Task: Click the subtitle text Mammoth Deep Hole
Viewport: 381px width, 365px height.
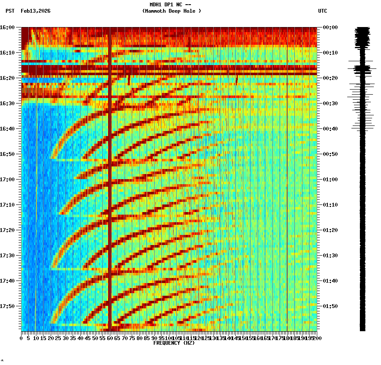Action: pyautogui.click(x=171, y=11)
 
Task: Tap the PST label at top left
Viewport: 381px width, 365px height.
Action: pyautogui.click(x=10, y=11)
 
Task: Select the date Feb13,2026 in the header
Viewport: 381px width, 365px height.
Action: pyautogui.click(x=35, y=11)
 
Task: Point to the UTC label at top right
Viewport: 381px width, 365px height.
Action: pyautogui.click(x=322, y=11)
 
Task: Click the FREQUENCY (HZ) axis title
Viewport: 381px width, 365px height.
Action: pyautogui.click(x=174, y=343)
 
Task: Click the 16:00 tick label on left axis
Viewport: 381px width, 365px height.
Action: pyautogui.click(x=7, y=27)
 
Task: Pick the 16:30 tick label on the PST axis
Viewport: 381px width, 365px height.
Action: pyautogui.click(x=7, y=104)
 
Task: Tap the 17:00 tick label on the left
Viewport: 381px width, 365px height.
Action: pyautogui.click(x=7, y=180)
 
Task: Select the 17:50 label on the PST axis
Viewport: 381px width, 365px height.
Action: pyautogui.click(x=7, y=306)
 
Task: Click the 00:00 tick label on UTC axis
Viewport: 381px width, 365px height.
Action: pyautogui.click(x=330, y=27)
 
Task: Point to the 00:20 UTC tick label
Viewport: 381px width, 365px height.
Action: pyautogui.click(x=330, y=78)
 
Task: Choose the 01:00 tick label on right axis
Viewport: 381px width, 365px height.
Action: pyautogui.click(x=330, y=180)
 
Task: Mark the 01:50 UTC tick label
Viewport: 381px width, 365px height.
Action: pyautogui.click(x=330, y=306)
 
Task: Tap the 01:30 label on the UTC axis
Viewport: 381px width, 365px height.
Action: pyautogui.click(x=330, y=256)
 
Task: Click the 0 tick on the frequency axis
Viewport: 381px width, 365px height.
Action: pyautogui.click(x=22, y=338)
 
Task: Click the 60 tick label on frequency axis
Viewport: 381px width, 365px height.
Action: pyautogui.click(x=109, y=338)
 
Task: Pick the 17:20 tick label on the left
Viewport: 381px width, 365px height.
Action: pyautogui.click(x=7, y=230)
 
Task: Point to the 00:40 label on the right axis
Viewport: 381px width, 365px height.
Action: pyautogui.click(x=330, y=129)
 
